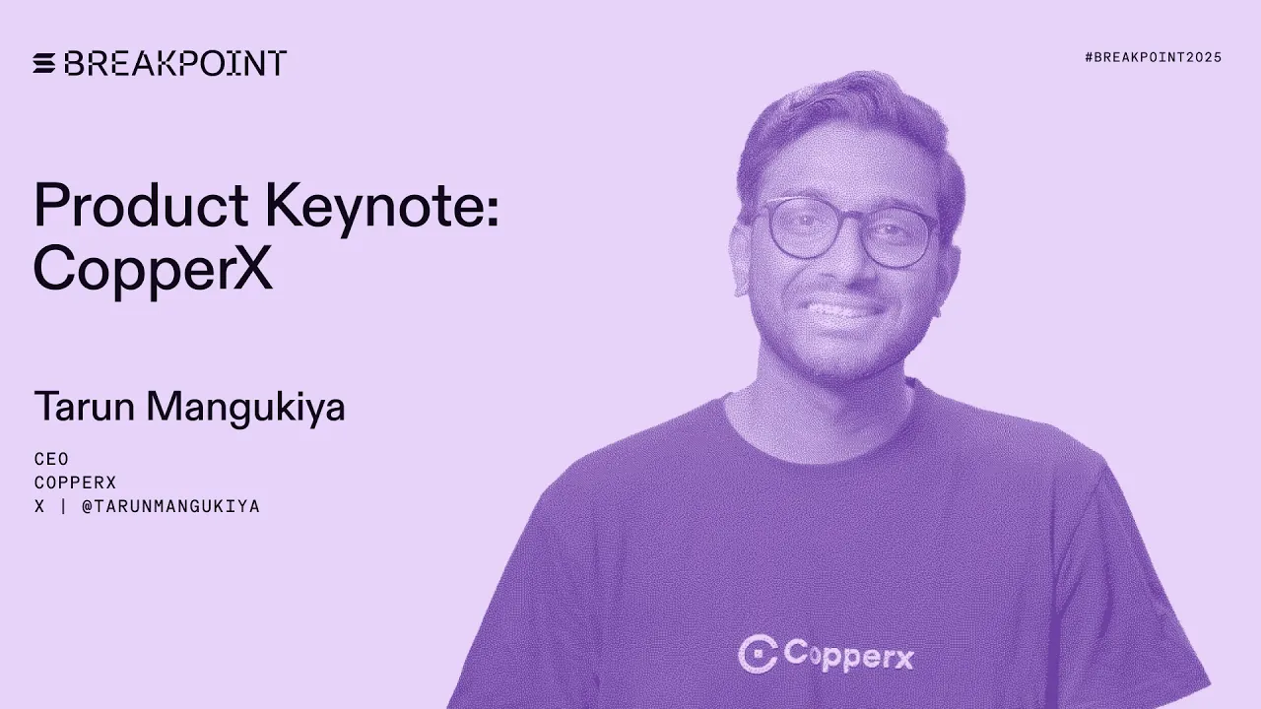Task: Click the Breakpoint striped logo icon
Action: tap(45, 64)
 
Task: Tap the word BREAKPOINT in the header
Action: tap(175, 64)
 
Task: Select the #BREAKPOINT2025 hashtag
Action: tap(1153, 57)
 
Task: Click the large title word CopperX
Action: tap(153, 267)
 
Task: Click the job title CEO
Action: tap(51, 459)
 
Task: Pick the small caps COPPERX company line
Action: tap(75, 483)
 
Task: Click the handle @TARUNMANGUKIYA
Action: tap(170, 506)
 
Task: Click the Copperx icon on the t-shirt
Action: tap(757, 654)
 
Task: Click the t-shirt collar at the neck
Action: tap(837, 414)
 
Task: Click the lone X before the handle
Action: tap(39, 506)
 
